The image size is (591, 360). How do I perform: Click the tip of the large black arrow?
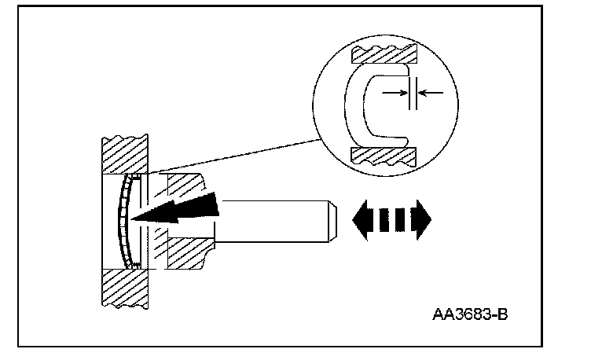coord(135,218)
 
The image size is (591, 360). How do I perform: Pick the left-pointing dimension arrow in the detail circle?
coord(431,93)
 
